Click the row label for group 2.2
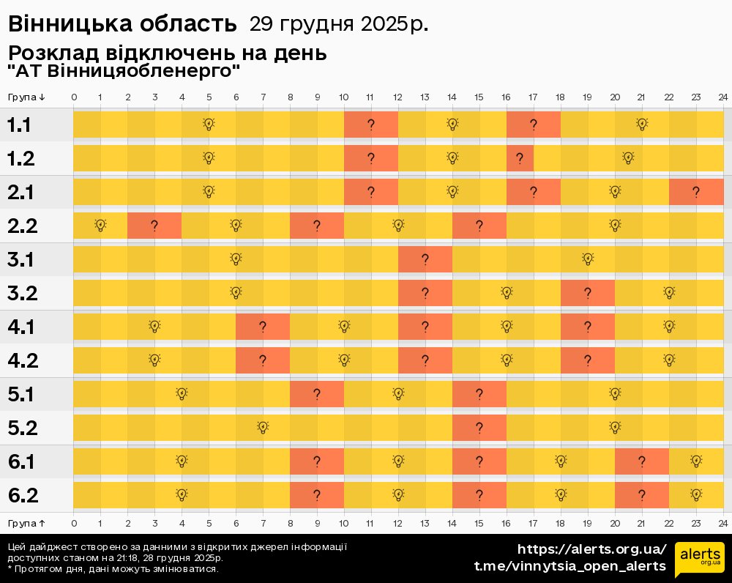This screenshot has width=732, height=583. [22, 226]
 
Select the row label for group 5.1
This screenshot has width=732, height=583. [22, 394]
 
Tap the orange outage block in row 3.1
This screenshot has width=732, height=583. [425, 259]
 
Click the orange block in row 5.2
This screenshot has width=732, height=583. [479, 428]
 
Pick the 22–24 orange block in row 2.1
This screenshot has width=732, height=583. [695, 192]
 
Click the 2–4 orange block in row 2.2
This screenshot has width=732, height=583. [154, 226]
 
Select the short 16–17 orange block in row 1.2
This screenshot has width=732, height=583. [520, 158]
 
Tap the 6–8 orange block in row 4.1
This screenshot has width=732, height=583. [262, 327]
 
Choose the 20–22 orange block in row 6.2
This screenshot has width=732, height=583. [641, 495]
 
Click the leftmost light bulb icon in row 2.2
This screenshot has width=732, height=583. [100, 225]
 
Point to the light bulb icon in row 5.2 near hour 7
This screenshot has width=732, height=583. [263, 427]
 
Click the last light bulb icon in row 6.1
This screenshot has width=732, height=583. [695, 461]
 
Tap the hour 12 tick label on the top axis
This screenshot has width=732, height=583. [397, 97]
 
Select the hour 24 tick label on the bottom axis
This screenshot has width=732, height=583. [722, 523]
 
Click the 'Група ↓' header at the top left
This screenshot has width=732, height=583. [27, 97]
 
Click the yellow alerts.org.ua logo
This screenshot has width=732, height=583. [699, 560]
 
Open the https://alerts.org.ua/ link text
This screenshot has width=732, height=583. [591, 549]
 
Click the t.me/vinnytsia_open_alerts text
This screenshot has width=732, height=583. [570, 566]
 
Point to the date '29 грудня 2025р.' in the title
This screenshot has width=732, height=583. [339, 24]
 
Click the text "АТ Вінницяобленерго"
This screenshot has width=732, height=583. [124, 71]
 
